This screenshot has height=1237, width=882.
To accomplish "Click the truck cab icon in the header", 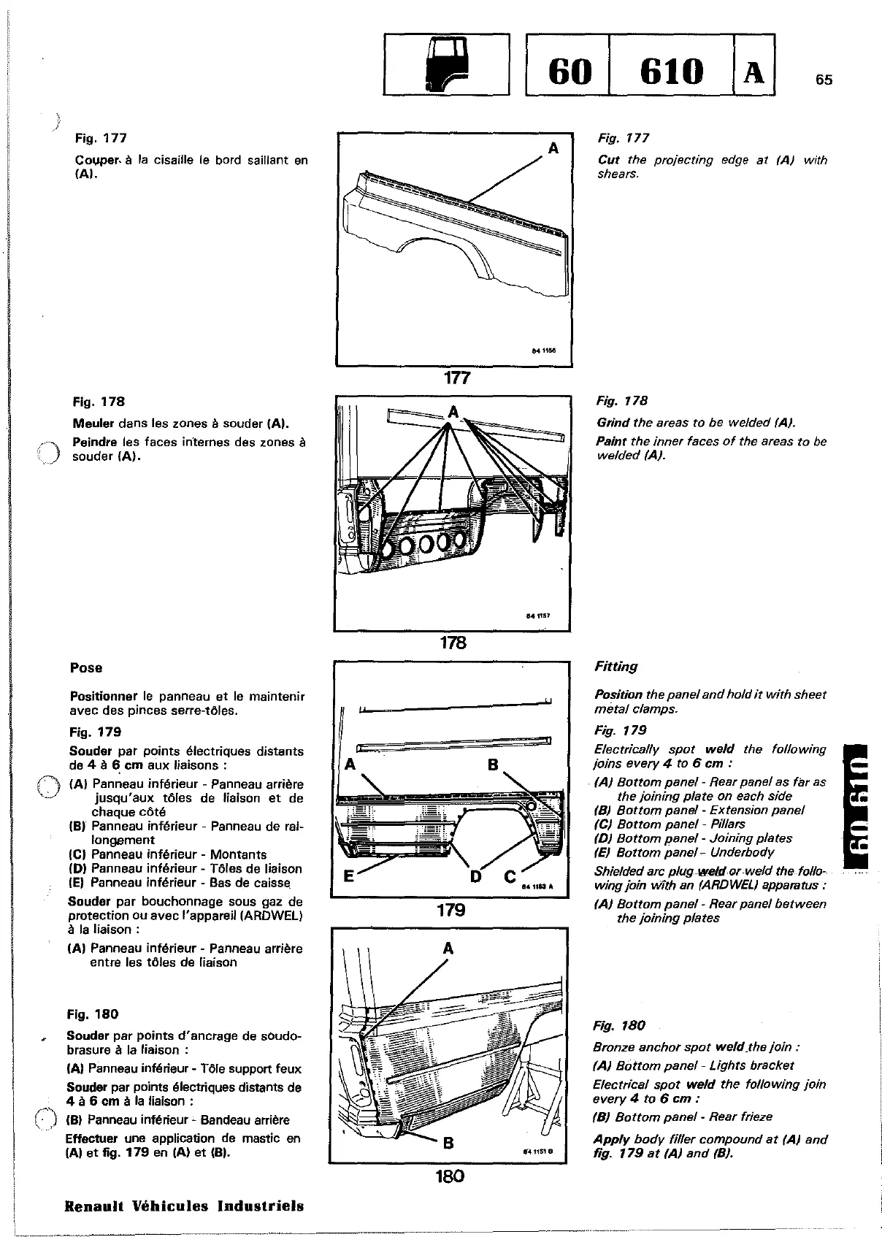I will point(445,65).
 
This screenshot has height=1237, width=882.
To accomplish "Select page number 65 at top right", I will point(824,80).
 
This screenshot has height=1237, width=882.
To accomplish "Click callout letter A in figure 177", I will point(553,149).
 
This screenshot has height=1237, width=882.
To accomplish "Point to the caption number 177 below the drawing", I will point(454,378).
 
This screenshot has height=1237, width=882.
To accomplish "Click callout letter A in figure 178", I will point(454,412).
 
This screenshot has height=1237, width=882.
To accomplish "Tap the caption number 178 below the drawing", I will point(453,643).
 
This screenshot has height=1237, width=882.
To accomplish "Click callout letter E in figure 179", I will point(349,876).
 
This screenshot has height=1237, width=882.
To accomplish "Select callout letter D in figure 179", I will point(476,876).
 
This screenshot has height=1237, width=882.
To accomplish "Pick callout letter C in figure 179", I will point(510,876).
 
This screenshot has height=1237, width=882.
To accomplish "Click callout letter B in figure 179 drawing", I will point(492,765).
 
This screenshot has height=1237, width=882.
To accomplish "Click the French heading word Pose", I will point(86,667).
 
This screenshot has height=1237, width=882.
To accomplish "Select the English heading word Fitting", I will point(616,667).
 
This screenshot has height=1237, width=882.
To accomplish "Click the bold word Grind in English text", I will point(613,423).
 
